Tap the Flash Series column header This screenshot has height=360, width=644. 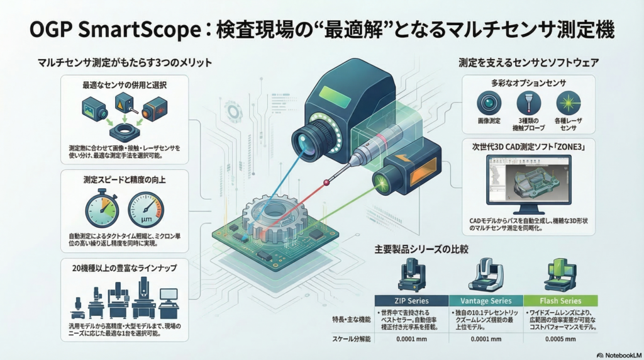click(560, 300)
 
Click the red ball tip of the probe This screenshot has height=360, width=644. click(326, 183)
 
